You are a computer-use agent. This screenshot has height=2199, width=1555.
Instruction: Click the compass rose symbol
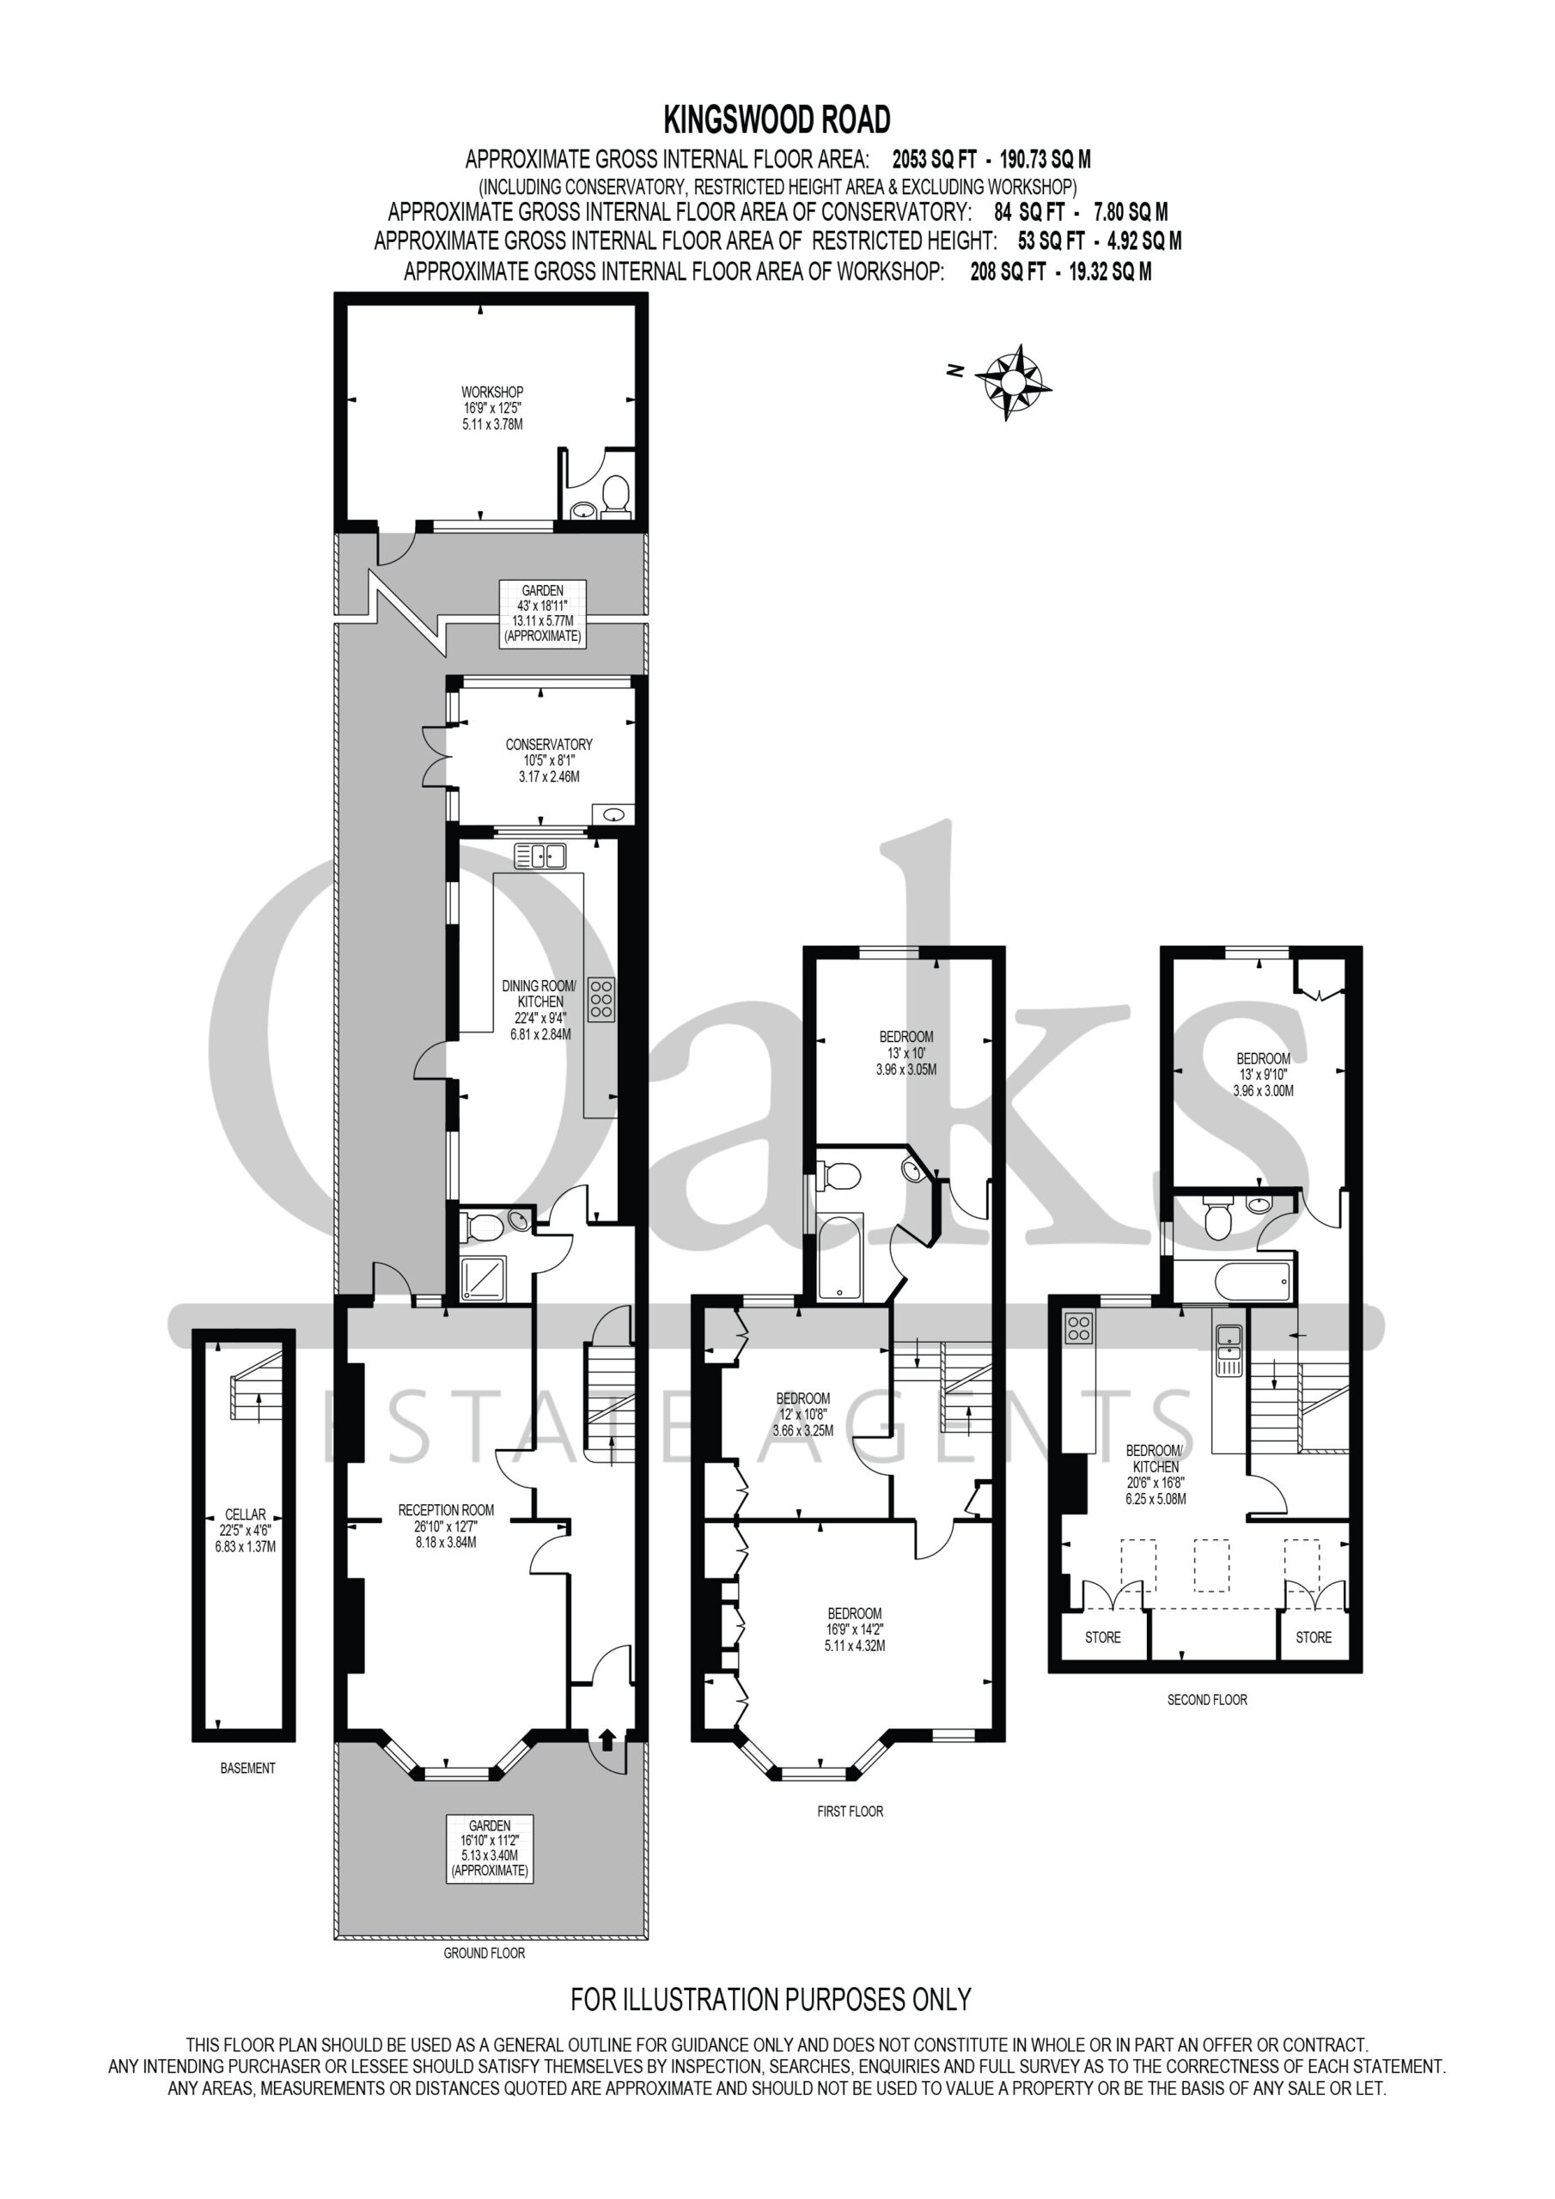(x=1013, y=381)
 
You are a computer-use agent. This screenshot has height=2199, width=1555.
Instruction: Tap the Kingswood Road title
(x=777, y=119)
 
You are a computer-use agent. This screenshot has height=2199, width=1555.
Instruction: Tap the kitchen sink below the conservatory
(x=540, y=856)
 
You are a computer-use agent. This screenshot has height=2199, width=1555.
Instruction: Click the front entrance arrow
(x=607, y=1738)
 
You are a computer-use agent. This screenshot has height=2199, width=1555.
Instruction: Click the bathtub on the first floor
(x=840, y=1257)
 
